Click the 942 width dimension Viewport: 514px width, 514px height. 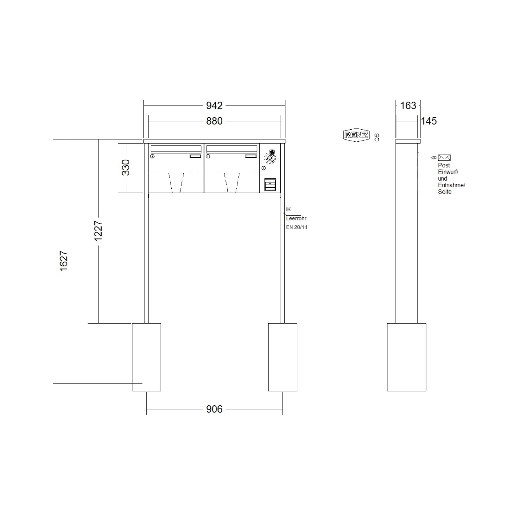[x=214, y=106]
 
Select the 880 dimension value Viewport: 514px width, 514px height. [x=214, y=121]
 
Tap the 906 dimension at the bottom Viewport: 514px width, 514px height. [x=214, y=409]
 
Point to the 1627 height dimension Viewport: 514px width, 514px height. [x=64, y=261]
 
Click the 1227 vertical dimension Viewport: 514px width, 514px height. [x=99, y=231]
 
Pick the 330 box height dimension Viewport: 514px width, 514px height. [x=126, y=167]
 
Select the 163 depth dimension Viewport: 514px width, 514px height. [x=408, y=106]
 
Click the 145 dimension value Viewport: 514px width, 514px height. [x=429, y=121]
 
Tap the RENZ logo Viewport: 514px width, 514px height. [x=356, y=135]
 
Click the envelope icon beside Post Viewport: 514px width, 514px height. [x=444, y=158]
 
